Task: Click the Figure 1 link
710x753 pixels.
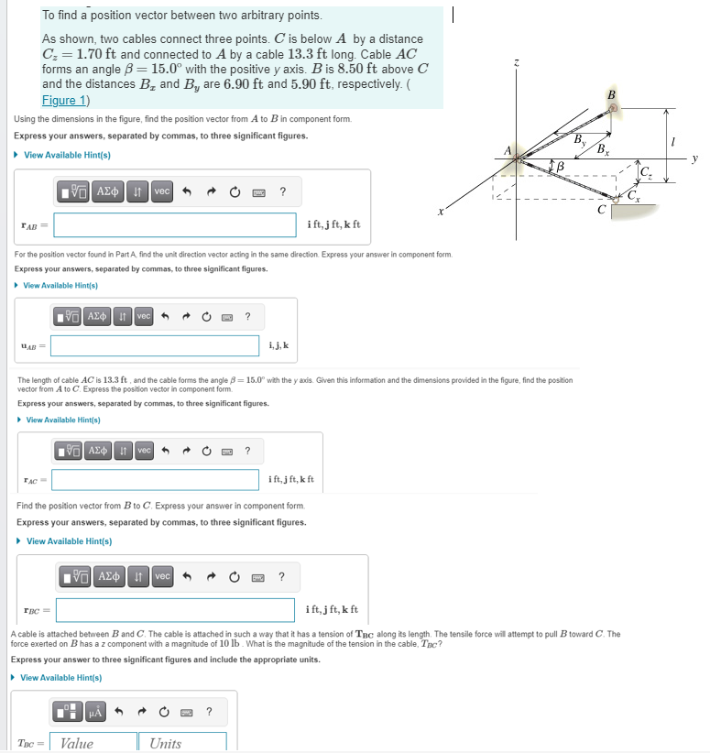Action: [65, 100]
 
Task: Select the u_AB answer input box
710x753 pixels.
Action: [155, 345]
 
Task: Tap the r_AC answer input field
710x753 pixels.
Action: [155, 479]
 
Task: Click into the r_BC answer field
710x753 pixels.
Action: [175, 609]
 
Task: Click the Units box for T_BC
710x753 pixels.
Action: [182, 743]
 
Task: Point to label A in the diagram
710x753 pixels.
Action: [506, 151]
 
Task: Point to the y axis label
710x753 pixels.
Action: [695, 158]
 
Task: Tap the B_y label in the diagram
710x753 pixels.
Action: [579, 139]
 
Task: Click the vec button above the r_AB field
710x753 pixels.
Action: [161, 191]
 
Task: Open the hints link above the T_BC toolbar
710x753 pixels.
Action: [60, 678]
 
